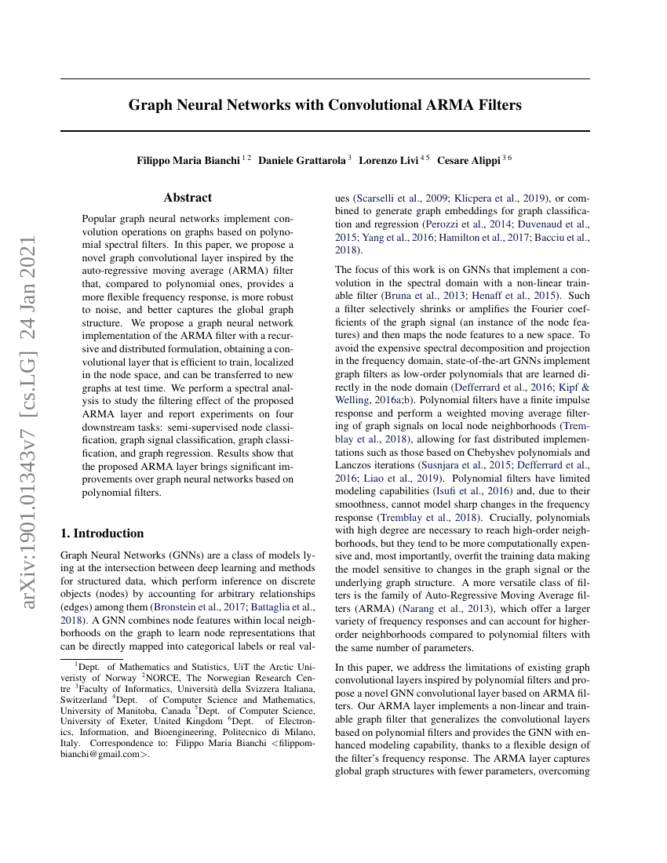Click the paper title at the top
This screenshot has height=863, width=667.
[x=325, y=104]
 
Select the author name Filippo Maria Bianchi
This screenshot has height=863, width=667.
[x=188, y=160]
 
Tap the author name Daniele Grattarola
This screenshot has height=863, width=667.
[x=302, y=160]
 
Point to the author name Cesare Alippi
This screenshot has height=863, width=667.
[x=468, y=160]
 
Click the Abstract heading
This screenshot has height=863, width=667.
[x=188, y=198]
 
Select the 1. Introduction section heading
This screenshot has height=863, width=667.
[x=102, y=533]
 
